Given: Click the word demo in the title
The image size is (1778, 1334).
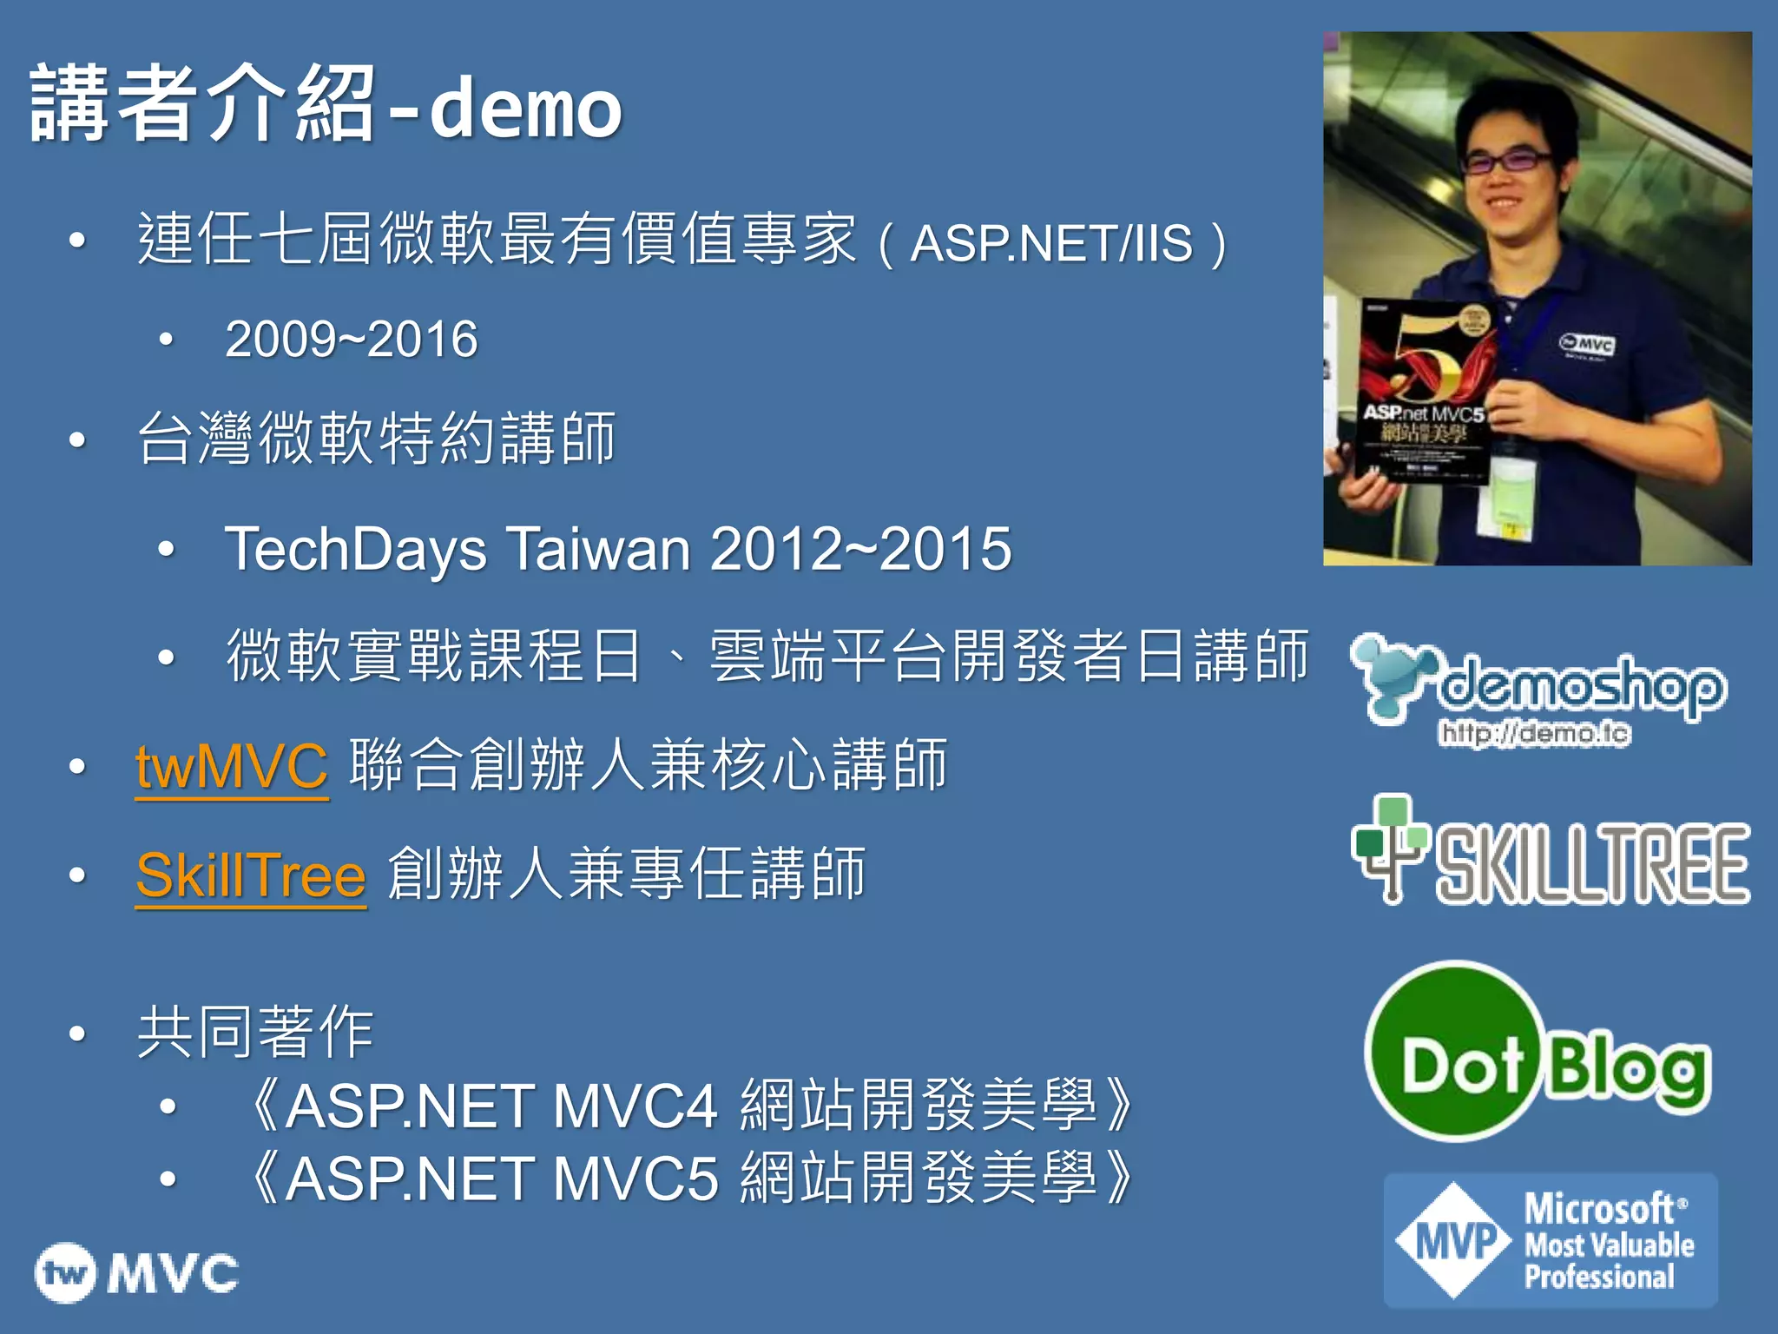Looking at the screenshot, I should [x=525, y=109].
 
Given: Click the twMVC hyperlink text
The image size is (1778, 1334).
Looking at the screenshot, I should [x=232, y=767].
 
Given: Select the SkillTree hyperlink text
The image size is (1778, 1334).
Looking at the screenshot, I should [x=251, y=875].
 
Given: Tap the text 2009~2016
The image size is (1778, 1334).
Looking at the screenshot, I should [x=351, y=339].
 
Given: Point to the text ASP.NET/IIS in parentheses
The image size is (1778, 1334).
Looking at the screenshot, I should [x=1051, y=244].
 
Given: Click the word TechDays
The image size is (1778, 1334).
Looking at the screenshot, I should [x=356, y=549].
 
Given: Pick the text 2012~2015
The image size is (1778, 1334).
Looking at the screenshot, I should [x=860, y=549].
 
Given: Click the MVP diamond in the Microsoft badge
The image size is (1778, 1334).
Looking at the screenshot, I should [x=1455, y=1240].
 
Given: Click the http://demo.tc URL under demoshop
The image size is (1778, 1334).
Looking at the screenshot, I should [x=1534, y=734].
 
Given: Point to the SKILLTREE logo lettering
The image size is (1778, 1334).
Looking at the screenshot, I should [x=1591, y=863].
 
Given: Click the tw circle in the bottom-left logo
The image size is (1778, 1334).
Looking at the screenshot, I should [x=65, y=1273].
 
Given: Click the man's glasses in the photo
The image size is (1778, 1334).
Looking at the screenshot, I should [x=1508, y=161].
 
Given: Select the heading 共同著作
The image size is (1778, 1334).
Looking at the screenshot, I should [x=255, y=1033].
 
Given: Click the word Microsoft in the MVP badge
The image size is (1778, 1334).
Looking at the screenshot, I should [x=1599, y=1208].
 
